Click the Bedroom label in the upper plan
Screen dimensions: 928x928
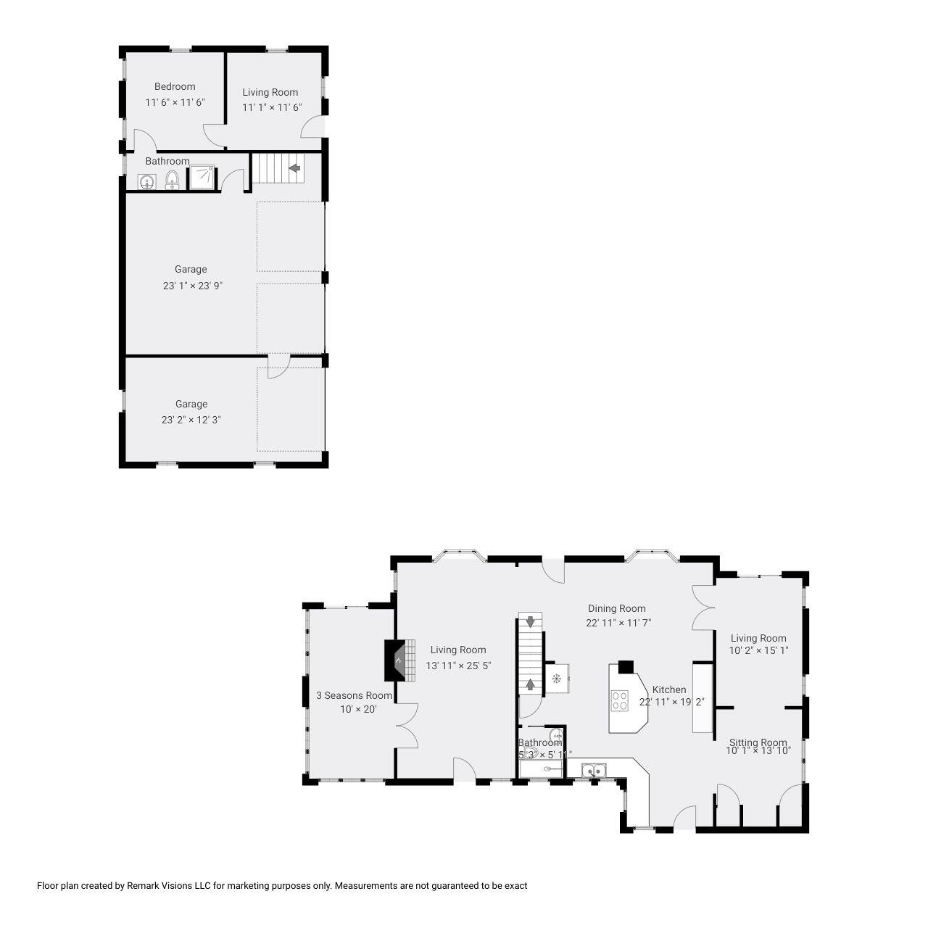(175, 86)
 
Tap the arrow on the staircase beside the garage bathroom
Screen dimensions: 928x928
(294, 168)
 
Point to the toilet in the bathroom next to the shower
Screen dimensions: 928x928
(172, 178)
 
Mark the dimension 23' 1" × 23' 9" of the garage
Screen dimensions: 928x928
(192, 286)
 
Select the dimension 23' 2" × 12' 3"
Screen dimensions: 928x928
(191, 419)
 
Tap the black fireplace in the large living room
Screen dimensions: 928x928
(394, 660)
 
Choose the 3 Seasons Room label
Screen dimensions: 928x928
(354, 695)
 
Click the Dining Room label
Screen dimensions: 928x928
(616, 608)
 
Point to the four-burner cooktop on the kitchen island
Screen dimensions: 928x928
(620, 700)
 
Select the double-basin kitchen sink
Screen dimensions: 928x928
(594, 770)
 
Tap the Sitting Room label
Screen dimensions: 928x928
(758, 742)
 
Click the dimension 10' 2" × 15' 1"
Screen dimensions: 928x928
(758, 650)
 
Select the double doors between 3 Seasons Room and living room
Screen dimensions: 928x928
(407, 725)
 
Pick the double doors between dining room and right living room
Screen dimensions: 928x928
(702, 607)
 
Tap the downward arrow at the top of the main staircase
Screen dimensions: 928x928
(531, 621)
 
